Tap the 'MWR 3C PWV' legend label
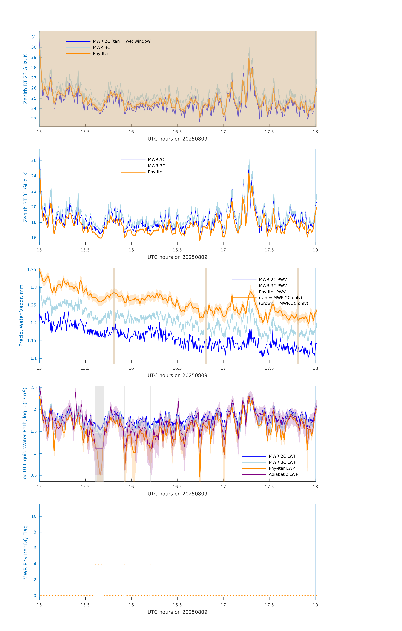[273, 286]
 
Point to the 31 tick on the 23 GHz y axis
[34, 37]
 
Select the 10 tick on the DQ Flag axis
[34, 516]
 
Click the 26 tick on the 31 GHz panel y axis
[34, 160]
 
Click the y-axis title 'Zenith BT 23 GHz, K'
[25, 79]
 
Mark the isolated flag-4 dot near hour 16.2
[151, 564]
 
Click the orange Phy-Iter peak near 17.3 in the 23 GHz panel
[249, 58]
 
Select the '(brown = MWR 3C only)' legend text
[283, 303]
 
